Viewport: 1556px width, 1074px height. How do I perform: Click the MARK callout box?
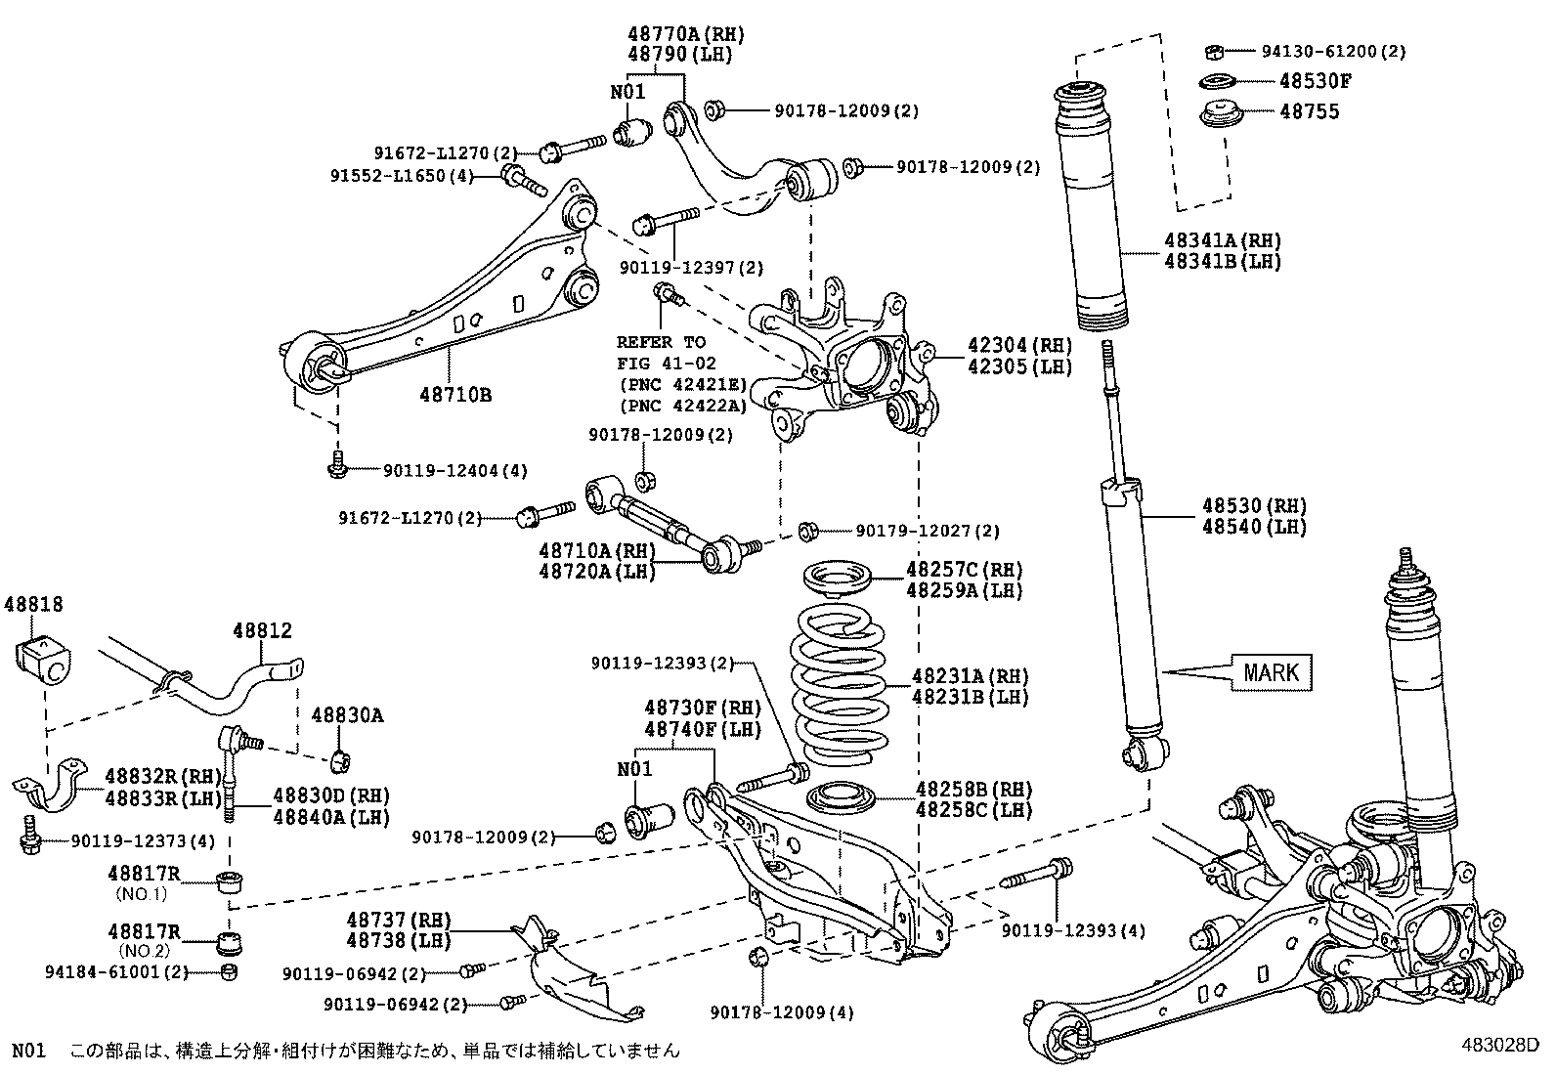point(1272,672)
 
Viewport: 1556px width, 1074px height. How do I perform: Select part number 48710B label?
point(455,395)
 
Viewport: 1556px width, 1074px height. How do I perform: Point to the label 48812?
point(262,631)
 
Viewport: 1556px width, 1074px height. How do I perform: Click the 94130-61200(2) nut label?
point(1332,51)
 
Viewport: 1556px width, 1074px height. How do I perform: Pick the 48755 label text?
point(1310,111)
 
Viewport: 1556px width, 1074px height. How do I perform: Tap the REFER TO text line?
point(661,342)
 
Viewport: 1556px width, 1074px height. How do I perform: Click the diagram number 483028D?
point(1500,1044)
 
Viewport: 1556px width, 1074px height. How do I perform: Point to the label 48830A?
point(347,715)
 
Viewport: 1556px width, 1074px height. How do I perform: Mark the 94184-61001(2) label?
point(116,971)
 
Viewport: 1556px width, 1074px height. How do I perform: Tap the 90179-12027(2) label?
point(928,531)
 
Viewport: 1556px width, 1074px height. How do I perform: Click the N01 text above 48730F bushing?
point(634,769)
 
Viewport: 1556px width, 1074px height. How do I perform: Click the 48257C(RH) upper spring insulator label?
point(964,569)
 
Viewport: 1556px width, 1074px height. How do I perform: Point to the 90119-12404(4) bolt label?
point(454,470)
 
